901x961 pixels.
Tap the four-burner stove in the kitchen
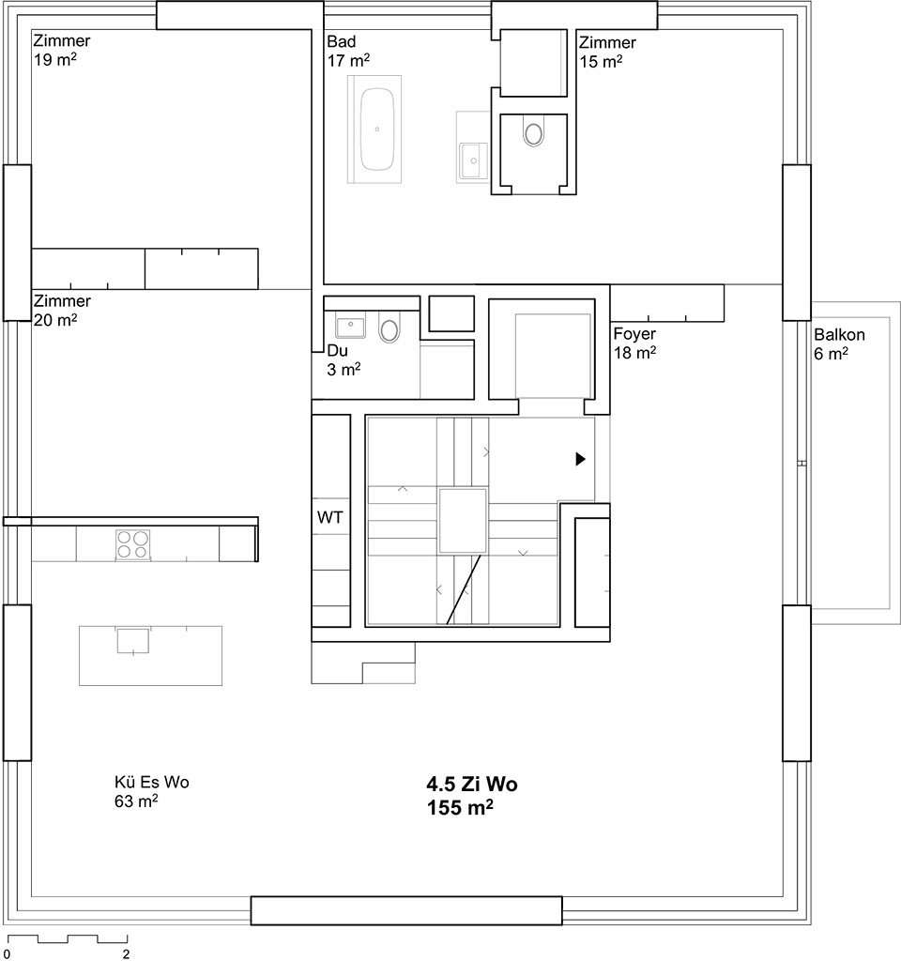coord(133,544)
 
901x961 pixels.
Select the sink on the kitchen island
coord(133,640)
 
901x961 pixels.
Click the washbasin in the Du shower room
coord(350,324)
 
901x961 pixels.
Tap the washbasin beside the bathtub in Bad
coord(474,160)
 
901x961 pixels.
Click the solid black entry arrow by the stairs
coord(580,458)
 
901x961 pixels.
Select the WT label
coord(329,518)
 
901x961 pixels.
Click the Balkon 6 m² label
coord(839,343)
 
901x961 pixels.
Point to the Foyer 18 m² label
coord(634,343)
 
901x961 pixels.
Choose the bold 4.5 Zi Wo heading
coord(472,784)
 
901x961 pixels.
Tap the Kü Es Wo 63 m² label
coord(151,791)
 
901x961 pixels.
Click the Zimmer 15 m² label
coord(607,53)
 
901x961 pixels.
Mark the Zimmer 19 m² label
coord(61,51)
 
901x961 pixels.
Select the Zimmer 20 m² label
coord(62,310)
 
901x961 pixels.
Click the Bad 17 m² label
coord(348,51)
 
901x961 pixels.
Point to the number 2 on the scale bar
coord(127,954)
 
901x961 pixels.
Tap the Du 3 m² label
coord(344,359)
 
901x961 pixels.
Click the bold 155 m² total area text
coord(460,808)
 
